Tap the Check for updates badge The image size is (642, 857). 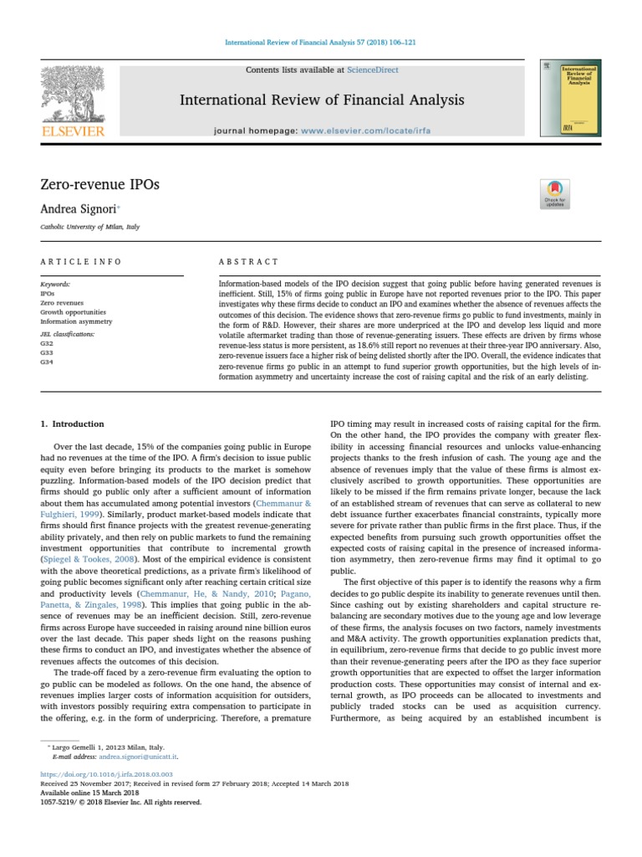pos(555,193)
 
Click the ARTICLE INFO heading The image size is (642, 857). pos(81,262)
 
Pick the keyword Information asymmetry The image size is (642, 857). pos(76,321)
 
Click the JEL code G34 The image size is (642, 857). pos(46,362)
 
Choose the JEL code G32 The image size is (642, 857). pos(46,343)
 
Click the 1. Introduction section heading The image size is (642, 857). pos(73,424)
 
